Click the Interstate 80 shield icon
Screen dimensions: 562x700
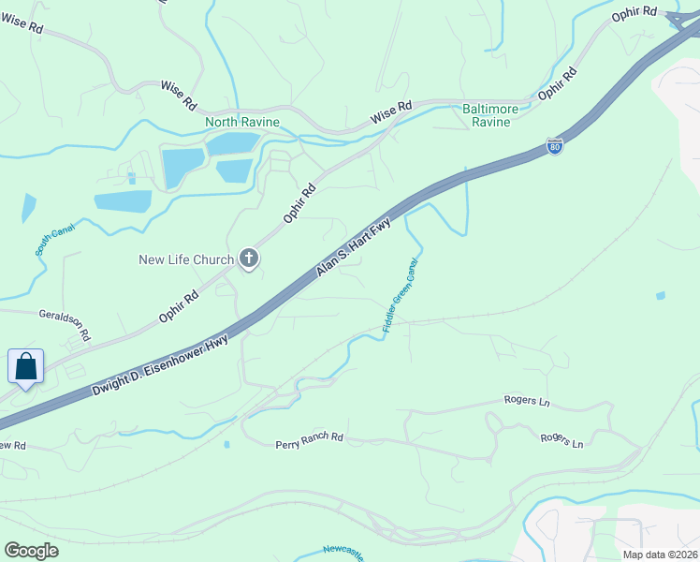coord(554,146)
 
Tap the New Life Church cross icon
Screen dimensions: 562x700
coord(249,259)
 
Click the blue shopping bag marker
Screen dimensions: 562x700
coord(25,366)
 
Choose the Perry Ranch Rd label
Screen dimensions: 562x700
coord(309,439)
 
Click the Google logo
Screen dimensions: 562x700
coord(31,551)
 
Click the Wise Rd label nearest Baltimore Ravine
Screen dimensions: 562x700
coord(391,112)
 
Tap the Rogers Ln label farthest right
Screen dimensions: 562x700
coord(561,439)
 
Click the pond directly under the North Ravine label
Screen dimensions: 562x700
coord(232,143)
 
